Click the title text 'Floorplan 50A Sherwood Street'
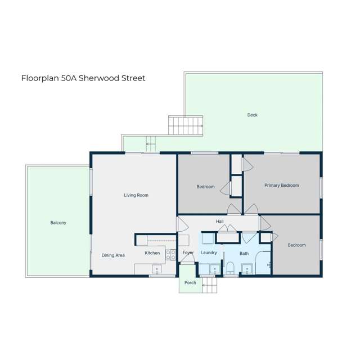pos(83,78)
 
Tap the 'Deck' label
pos(253,115)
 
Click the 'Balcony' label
pos(58,223)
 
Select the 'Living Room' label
pos(136,195)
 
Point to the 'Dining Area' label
pos(113,255)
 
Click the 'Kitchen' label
pos(152,253)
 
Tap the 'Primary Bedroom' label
pos(282,185)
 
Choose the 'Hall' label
pos(220,222)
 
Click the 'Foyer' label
pos(188,253)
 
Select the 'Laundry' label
pos(209,253)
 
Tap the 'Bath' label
pos(244,254)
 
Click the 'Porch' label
pos(191,283)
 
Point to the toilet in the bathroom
pos(229,267)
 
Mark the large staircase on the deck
pos(185,125)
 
